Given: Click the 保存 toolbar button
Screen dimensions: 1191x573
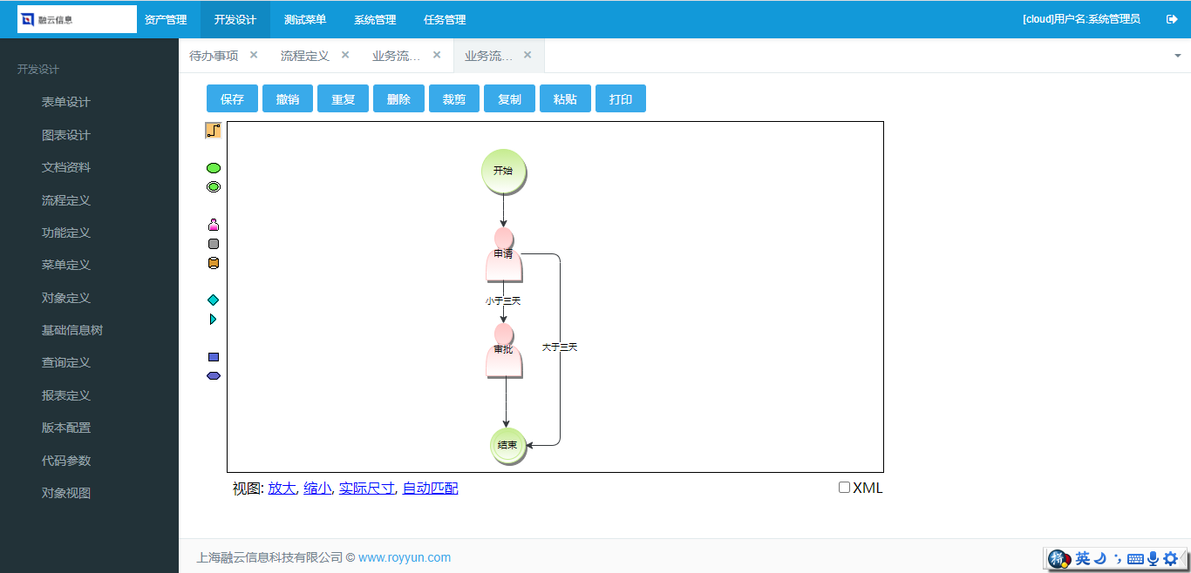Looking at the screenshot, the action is point(232,98).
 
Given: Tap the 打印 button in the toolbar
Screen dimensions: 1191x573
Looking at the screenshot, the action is point(621,98).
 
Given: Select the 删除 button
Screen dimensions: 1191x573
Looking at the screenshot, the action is point(398,98).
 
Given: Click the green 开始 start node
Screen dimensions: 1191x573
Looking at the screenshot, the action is point(504,171).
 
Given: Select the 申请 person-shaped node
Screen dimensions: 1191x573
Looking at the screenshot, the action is point(504,255).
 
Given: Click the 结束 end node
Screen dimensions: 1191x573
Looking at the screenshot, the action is point(507,446).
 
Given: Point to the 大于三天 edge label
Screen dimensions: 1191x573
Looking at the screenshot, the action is point(560,347).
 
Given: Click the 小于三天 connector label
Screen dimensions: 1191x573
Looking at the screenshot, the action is point(503,301).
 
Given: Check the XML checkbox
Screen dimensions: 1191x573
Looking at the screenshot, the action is point(844,488).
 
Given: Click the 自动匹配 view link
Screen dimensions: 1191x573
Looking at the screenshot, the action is point(430,488).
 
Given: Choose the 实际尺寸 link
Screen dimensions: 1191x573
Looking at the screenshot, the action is point(367,488).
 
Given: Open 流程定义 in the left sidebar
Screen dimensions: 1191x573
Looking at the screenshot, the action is point(66,200).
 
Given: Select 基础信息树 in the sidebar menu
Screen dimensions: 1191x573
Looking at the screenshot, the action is point(72,330).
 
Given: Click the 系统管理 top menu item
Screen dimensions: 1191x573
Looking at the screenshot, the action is point(375,20).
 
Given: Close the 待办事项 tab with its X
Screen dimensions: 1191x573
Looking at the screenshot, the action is point(254,55).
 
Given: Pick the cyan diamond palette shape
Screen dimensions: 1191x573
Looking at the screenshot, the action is point(214,300).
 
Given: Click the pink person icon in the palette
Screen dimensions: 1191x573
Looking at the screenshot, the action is point(214,225).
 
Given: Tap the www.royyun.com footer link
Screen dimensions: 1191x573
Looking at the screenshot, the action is point(404,557).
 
